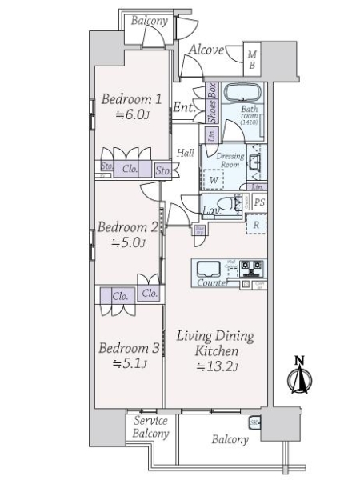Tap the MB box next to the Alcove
pyautogui.click(x=252, y=60)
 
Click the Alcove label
pyautogui.click(x=206, y=50)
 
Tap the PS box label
pyautogui.click(x=259, y=202)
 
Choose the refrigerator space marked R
pyautogui.click(x=254, y=226)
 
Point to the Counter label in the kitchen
pyautogui.click(x=210, y=283)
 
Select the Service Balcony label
pyautogui.click(x=150, y=427)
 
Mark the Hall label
pyautogui.click(x=186, y=152)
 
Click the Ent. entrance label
pyautogui.click(x=183, y=106)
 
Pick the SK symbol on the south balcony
pyautogui.click(x=255, y=422)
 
